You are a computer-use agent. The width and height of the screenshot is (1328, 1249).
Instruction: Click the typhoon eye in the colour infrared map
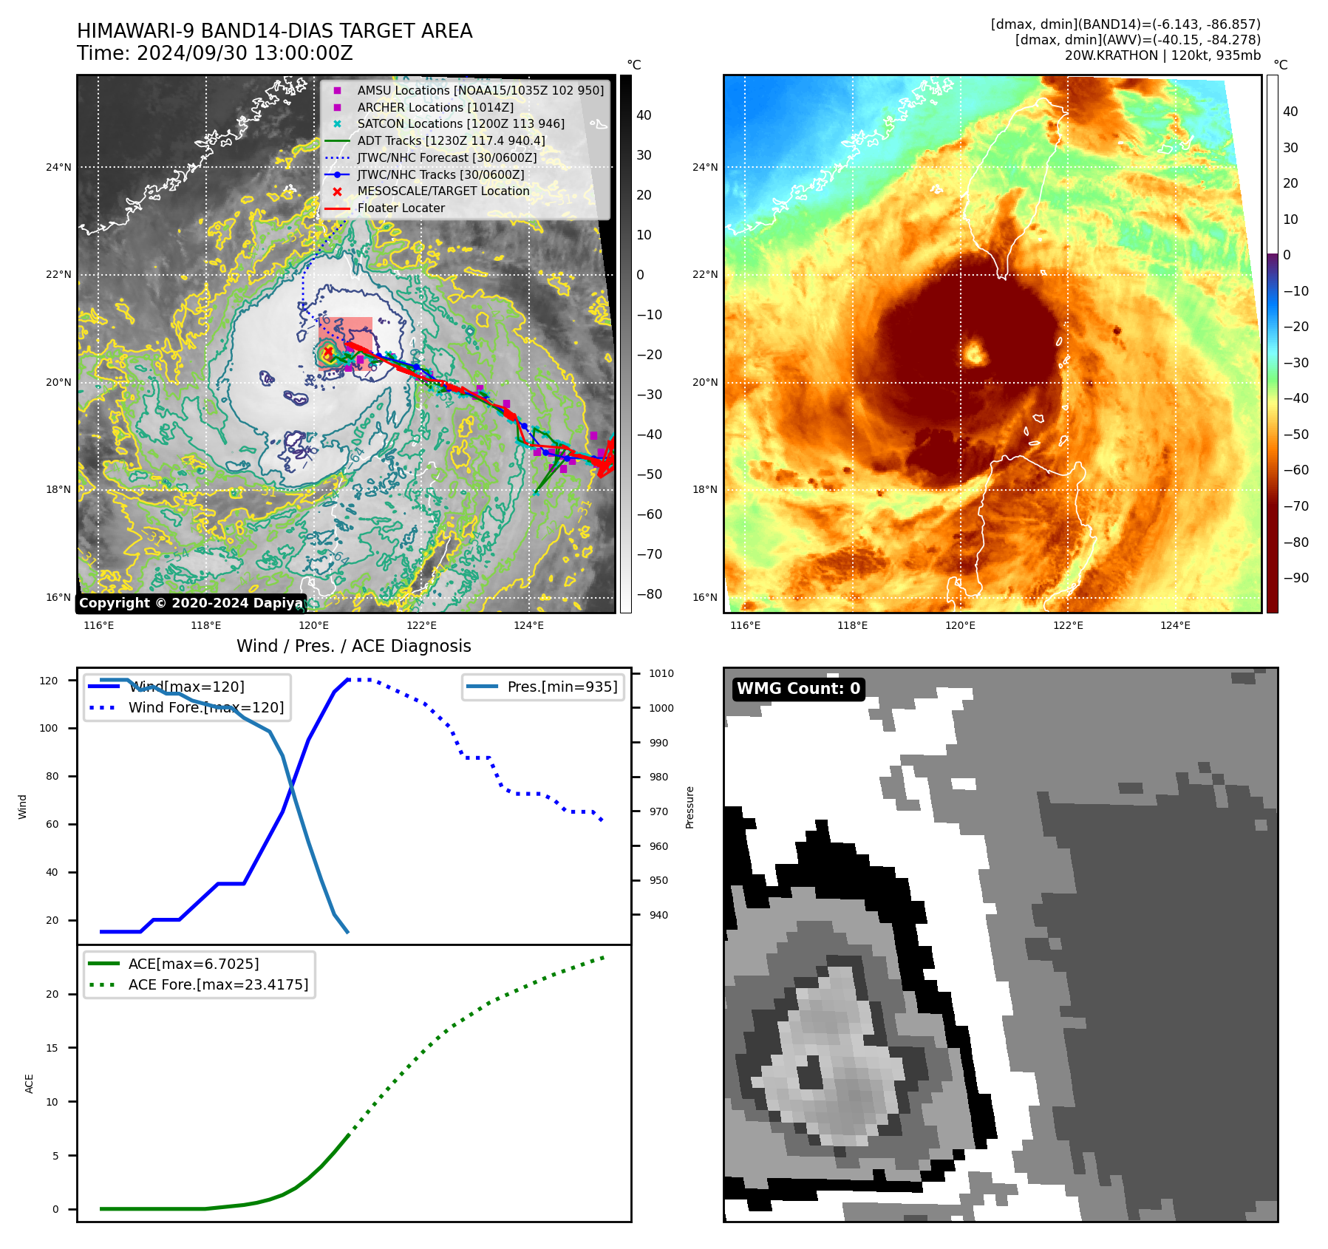975,353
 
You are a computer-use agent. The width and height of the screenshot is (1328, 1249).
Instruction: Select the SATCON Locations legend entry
460,124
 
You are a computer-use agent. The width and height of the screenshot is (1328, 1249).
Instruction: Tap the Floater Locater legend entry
401,208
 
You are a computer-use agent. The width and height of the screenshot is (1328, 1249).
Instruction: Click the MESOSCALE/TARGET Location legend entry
443,191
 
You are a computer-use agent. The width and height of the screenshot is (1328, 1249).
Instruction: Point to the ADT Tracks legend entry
451,141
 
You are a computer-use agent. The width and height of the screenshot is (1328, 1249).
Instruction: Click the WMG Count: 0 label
798,689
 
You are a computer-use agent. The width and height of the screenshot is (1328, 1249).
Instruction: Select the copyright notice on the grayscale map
191,603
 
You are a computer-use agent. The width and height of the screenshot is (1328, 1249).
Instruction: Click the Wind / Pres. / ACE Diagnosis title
353,646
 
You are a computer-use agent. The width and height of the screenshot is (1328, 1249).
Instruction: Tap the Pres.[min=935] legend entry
562,687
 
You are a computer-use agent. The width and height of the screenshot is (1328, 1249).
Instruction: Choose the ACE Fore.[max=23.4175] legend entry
218,984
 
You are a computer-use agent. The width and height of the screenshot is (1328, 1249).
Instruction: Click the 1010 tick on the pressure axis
661,673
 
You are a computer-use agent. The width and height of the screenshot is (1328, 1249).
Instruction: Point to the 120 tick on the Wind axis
49,681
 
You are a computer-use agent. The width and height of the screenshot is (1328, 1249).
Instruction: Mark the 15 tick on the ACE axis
52,1048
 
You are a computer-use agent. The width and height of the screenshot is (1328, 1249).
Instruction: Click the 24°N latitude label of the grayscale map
59,167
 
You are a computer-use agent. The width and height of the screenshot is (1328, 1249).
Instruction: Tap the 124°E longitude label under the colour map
1175,625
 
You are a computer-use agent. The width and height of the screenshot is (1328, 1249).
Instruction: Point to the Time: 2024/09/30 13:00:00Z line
214,53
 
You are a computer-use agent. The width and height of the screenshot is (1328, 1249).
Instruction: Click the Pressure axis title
689,807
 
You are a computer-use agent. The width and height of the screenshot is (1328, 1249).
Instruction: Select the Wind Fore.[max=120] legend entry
205,707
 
